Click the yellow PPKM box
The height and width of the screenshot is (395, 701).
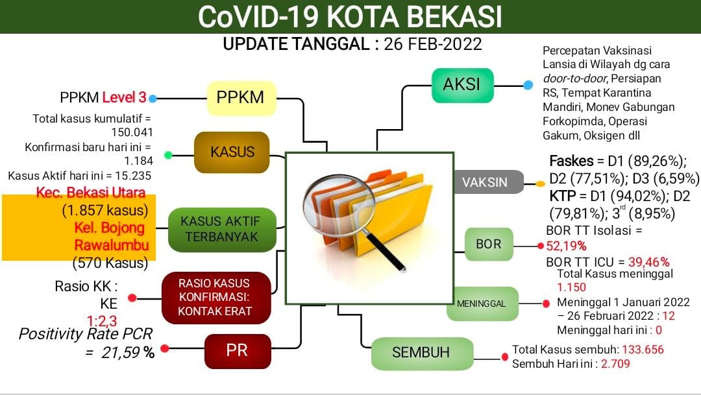point(241,98)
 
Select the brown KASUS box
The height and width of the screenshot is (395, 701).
point(232,152)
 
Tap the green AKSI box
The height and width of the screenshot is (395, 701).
point(461,85)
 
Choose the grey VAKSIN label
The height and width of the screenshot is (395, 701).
point(485,182)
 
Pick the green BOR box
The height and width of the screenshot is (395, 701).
point(489,245)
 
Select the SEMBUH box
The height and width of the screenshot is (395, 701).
point(421,353)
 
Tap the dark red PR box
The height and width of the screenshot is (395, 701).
point(236,351)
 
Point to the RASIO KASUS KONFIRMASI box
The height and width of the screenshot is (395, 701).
point(214,298)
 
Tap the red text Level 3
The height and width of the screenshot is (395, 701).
point(124,98)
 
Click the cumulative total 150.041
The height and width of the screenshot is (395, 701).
point(128,133)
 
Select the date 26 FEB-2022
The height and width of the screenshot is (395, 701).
point(433,44)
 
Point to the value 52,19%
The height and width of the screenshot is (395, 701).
point(566,246)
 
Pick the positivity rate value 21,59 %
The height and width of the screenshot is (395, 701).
point(128,353)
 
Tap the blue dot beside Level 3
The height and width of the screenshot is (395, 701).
point(153,99)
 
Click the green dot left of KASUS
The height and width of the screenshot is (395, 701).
point(168,155)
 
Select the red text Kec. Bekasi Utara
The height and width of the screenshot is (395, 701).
point(101,192)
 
